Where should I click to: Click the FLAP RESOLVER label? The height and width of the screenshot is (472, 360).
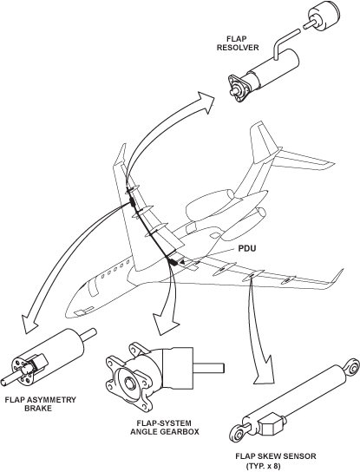[238, 43]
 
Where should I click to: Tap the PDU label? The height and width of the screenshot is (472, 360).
[247, 249]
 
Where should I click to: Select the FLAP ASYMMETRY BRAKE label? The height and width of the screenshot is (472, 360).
[40, 404]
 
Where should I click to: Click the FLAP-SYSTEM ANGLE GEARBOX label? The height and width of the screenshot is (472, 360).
[164, 428]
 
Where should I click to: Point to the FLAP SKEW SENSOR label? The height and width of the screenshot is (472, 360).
[276, 456]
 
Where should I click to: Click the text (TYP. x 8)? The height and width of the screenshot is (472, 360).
[263, 466]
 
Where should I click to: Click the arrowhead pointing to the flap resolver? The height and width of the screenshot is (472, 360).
[206, 102]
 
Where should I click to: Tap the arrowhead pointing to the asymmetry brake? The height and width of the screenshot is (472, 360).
[29, 324]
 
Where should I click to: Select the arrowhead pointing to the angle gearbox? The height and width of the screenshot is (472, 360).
[165, 324]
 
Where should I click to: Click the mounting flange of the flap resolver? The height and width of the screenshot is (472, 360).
[238, 88]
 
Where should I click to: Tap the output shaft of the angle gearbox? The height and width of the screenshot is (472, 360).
[208, 368]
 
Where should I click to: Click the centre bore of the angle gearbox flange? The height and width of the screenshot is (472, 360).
[131, 383]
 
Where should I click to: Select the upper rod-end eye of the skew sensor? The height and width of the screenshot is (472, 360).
[352, 366]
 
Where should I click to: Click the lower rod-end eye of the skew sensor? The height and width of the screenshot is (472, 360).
[239, 435]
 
